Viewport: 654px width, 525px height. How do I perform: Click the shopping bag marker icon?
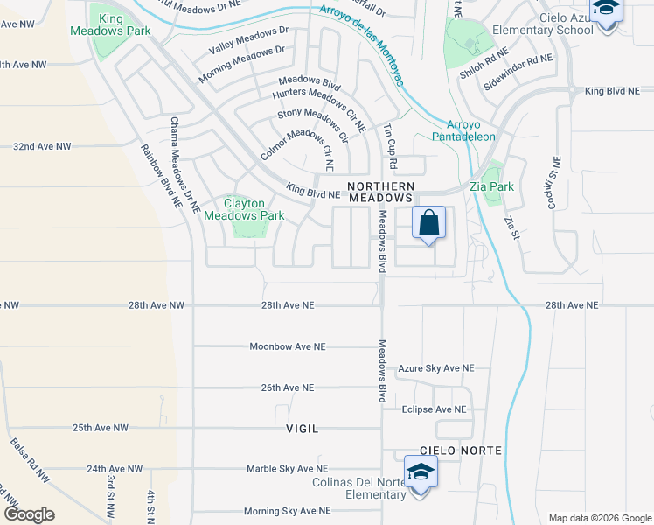tap(429, 223)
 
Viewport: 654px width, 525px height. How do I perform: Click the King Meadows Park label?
tap(112, 24)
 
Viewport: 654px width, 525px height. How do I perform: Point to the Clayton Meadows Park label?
tap(245, 209)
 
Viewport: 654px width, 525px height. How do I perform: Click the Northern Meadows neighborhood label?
tap(380, 192)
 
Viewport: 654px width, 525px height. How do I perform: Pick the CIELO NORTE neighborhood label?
tap(449, 450)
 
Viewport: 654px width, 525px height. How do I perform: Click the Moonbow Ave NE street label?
tap(288, 346)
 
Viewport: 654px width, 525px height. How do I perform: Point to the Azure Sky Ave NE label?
tap(435, 369)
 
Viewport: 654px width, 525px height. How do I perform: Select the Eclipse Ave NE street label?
tap(434, 409)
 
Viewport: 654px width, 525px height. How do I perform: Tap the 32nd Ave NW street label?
tap(42, 146)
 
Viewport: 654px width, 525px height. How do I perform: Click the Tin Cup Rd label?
tap(390, 146)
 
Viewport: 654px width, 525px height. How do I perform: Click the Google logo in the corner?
tap(29, 514)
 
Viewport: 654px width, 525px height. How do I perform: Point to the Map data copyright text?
tap(599, 518)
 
